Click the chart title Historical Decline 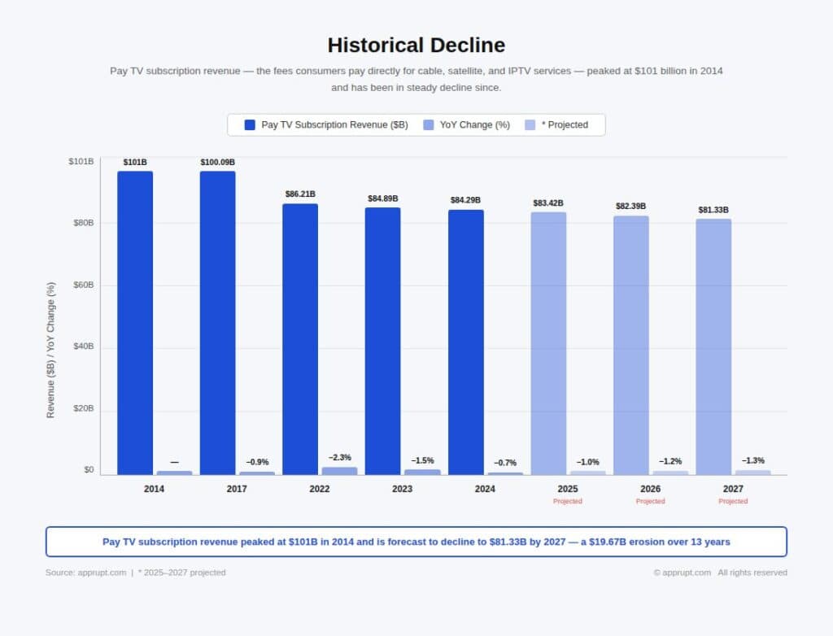[416, 45]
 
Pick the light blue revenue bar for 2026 [631, 345]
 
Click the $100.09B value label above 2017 [217, 163]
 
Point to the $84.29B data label [465, 200]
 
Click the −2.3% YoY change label [340, 458]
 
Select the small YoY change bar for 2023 [422, 472]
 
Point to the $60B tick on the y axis [82, 285]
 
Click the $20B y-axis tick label [82, 409]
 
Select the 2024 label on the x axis [485, 489]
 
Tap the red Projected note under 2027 [733, 501]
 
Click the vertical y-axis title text [51, 351]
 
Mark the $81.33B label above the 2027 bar [713, 210]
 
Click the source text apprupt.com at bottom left [102, 573]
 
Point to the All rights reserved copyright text [752, 573]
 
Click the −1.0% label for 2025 [588, 462]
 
